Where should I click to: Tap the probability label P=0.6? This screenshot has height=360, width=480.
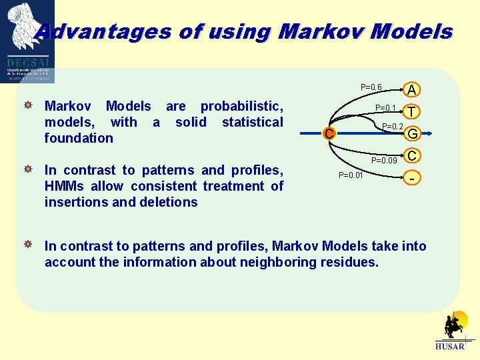pyautogui.click(x=371, y=87)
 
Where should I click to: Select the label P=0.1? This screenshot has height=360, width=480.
pyautogui.click(x=386, y=108)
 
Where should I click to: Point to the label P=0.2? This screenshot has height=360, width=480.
pyautogui.click(x=393, y=127)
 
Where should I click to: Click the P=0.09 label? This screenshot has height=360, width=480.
pyautogui.click(x=384, y=160)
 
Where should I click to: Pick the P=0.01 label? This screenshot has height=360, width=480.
pyautogui.click(x=351, y=175)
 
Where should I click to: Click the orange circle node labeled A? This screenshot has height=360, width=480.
pyautogui.click(x=413, y=89)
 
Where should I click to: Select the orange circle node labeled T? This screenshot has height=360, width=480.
pyautogui.click(x=413, y=112)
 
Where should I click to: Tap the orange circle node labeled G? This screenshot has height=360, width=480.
pyautogui.click(x=413, y=134)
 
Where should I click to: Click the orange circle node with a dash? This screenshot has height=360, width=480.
pyautogui.click(x=413, y=179)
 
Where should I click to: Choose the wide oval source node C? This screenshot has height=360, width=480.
pyautogui.click(x=327, y=134)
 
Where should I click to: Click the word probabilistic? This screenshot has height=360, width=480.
pyautogui.click(x=241, y=107)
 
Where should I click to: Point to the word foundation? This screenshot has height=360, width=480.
pyautogui.click(x=79, y=138)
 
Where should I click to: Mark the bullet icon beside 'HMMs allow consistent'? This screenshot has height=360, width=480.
pyautogui.click(x=29, y=170)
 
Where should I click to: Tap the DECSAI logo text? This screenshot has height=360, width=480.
pyautogui.click(x=27, y=61)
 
